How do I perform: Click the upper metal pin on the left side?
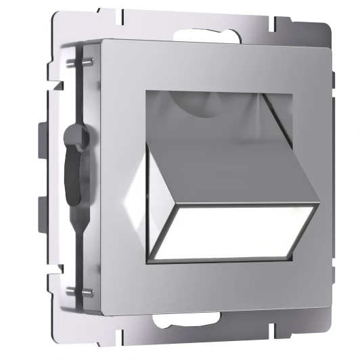[89, 63]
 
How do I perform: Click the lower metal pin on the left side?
[88, 293]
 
